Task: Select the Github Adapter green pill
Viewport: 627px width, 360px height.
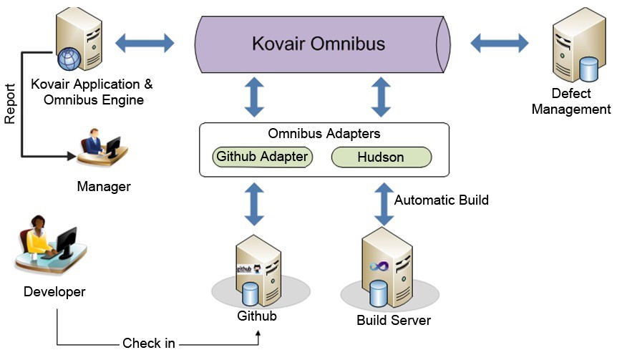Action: click(262, 157)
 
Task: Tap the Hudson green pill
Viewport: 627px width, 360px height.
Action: click(381, 157)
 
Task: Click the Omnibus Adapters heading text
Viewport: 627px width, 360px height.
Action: click(324, 134)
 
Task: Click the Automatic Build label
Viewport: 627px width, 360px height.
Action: click(441, 200)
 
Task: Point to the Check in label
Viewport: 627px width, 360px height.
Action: click(148, 344)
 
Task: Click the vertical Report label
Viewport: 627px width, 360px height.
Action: click(10, 104)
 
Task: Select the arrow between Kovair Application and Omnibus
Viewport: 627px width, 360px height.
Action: click(145, 43)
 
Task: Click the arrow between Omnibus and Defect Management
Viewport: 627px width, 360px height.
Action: click(500, 43)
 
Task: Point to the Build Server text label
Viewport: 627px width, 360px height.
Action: click(394, 320)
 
